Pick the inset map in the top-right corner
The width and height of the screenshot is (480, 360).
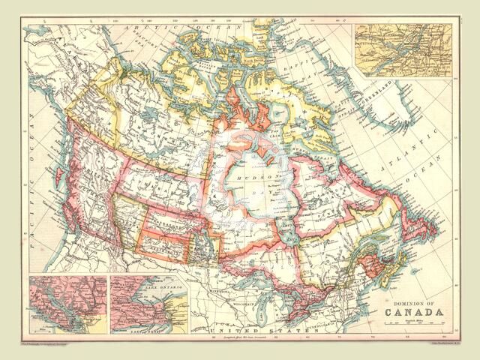tap(403, 50)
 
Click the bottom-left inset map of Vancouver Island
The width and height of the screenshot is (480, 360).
tap(68, 304)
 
